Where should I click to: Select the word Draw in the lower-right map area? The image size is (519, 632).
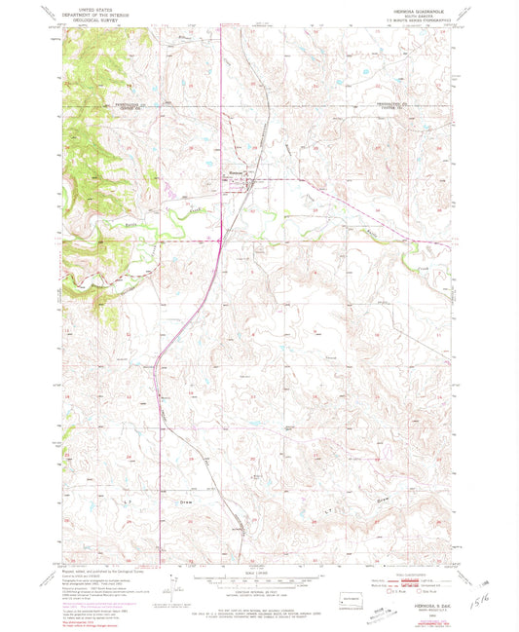pos(385,502)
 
